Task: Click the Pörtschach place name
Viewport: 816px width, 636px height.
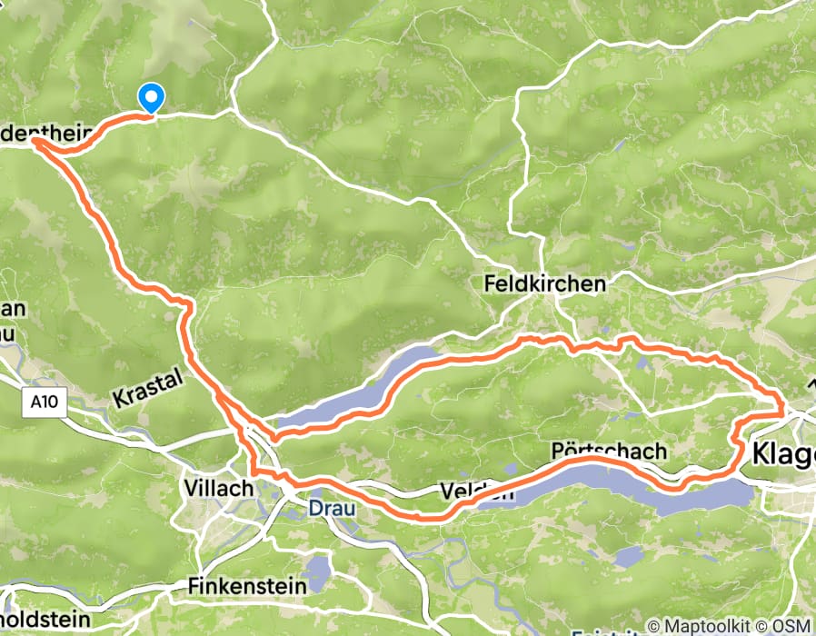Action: pos(609,452)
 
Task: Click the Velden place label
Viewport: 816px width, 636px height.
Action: pos(463,492)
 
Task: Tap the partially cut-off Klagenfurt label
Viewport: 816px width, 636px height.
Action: pos(783,452)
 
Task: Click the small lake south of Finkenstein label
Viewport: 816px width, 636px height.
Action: pos(317,573)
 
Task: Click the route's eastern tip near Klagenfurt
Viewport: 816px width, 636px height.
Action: pos(783,412)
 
